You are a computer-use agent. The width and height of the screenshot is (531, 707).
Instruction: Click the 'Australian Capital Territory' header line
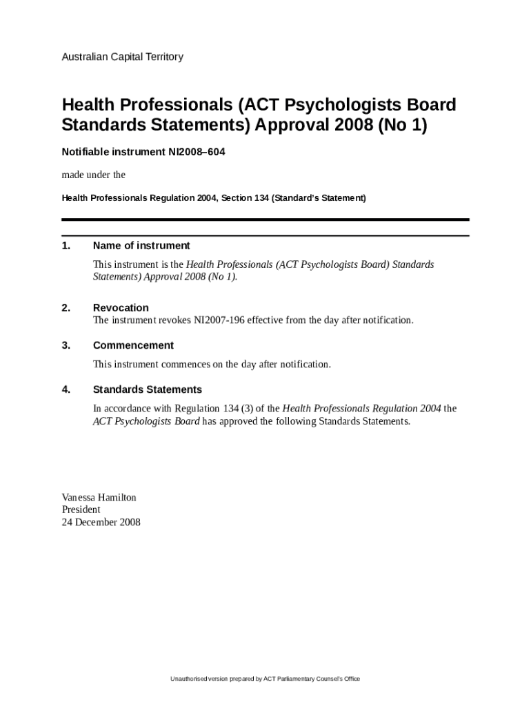pos(122,57)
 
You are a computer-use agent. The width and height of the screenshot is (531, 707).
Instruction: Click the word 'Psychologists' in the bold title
pos(341,105)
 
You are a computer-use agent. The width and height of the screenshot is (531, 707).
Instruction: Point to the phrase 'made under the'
pos(93,175)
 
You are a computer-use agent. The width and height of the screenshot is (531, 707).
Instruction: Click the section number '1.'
pos(66,246)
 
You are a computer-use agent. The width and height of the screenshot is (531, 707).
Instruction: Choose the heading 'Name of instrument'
pos(141,246)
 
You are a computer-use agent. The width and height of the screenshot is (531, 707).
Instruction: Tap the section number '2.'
pos(66,308)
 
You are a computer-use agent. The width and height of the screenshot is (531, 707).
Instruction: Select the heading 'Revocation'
pos(121,308)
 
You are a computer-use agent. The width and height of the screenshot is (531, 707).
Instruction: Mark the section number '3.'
pos(66,345)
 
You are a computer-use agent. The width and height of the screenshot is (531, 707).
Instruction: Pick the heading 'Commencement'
pos(133,345)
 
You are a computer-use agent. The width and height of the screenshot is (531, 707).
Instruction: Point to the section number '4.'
pos(66,389)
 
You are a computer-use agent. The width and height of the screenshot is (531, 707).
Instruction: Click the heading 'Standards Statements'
pos(148,389)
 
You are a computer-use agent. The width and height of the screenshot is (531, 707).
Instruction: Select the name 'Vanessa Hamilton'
pos(99,497)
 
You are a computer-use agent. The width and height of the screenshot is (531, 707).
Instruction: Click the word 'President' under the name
pos(81,510)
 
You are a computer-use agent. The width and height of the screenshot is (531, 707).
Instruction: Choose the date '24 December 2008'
pos(101,522)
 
